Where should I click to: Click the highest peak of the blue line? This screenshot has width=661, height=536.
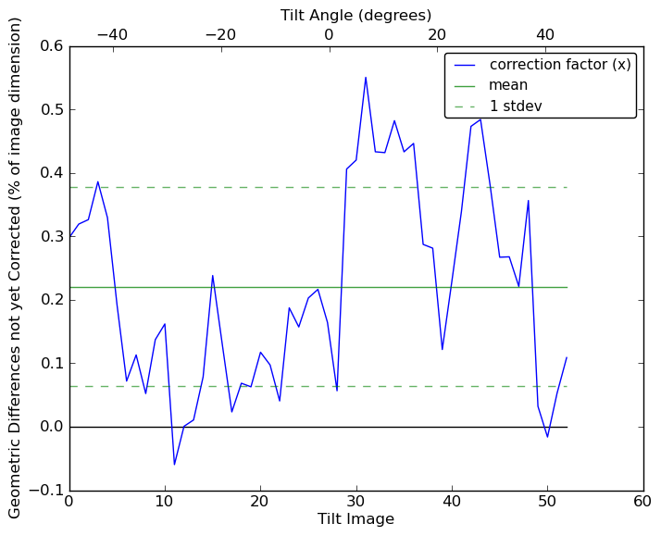(366, 77)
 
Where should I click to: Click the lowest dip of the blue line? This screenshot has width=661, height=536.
(174, 465)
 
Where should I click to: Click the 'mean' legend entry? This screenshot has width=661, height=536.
(508, 85)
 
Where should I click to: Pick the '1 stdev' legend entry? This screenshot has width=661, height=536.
(516, 106)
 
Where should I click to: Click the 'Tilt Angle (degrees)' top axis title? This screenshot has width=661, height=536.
(355, 15)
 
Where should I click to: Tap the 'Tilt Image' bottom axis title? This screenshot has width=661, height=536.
(355, 519)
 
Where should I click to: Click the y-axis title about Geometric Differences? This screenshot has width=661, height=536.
(16, 268)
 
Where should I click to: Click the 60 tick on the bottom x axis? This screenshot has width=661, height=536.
(642, 501)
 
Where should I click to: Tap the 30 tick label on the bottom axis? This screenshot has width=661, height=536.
(356, 501)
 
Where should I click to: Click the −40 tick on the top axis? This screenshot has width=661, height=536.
(112, 34)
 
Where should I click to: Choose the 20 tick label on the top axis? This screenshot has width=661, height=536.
(437, 34)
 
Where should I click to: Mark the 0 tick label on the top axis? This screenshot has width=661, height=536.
(329, 34)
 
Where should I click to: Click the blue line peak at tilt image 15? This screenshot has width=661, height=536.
(213, 275)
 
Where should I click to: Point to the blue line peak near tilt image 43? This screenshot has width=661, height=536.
(480, 118)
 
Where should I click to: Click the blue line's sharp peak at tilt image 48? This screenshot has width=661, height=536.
(528, 200)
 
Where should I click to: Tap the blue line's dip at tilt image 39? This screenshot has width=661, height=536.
(443, 349)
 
